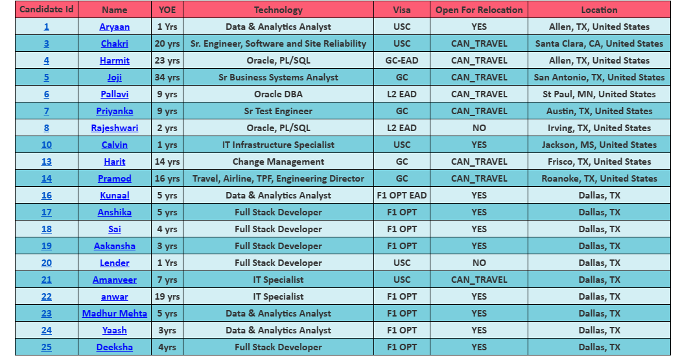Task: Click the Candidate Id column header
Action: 46,10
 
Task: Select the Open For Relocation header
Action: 479,10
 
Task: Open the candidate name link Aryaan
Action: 115,27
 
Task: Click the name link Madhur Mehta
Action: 115,313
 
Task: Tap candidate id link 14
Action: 47,178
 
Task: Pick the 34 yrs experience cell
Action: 167,77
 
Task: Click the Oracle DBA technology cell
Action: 278,94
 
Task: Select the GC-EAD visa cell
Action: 402,60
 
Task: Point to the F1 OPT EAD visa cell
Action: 402,195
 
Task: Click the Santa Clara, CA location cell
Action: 599,43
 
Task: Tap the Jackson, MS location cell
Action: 599,145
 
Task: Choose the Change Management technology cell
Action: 278,162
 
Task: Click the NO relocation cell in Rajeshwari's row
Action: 479,128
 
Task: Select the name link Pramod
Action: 115,178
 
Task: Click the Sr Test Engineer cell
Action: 278,111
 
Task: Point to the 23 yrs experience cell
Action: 167,60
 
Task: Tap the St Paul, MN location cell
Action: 599,94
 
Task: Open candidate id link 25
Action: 47,347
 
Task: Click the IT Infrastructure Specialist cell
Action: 278,145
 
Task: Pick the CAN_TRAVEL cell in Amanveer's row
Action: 479,280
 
